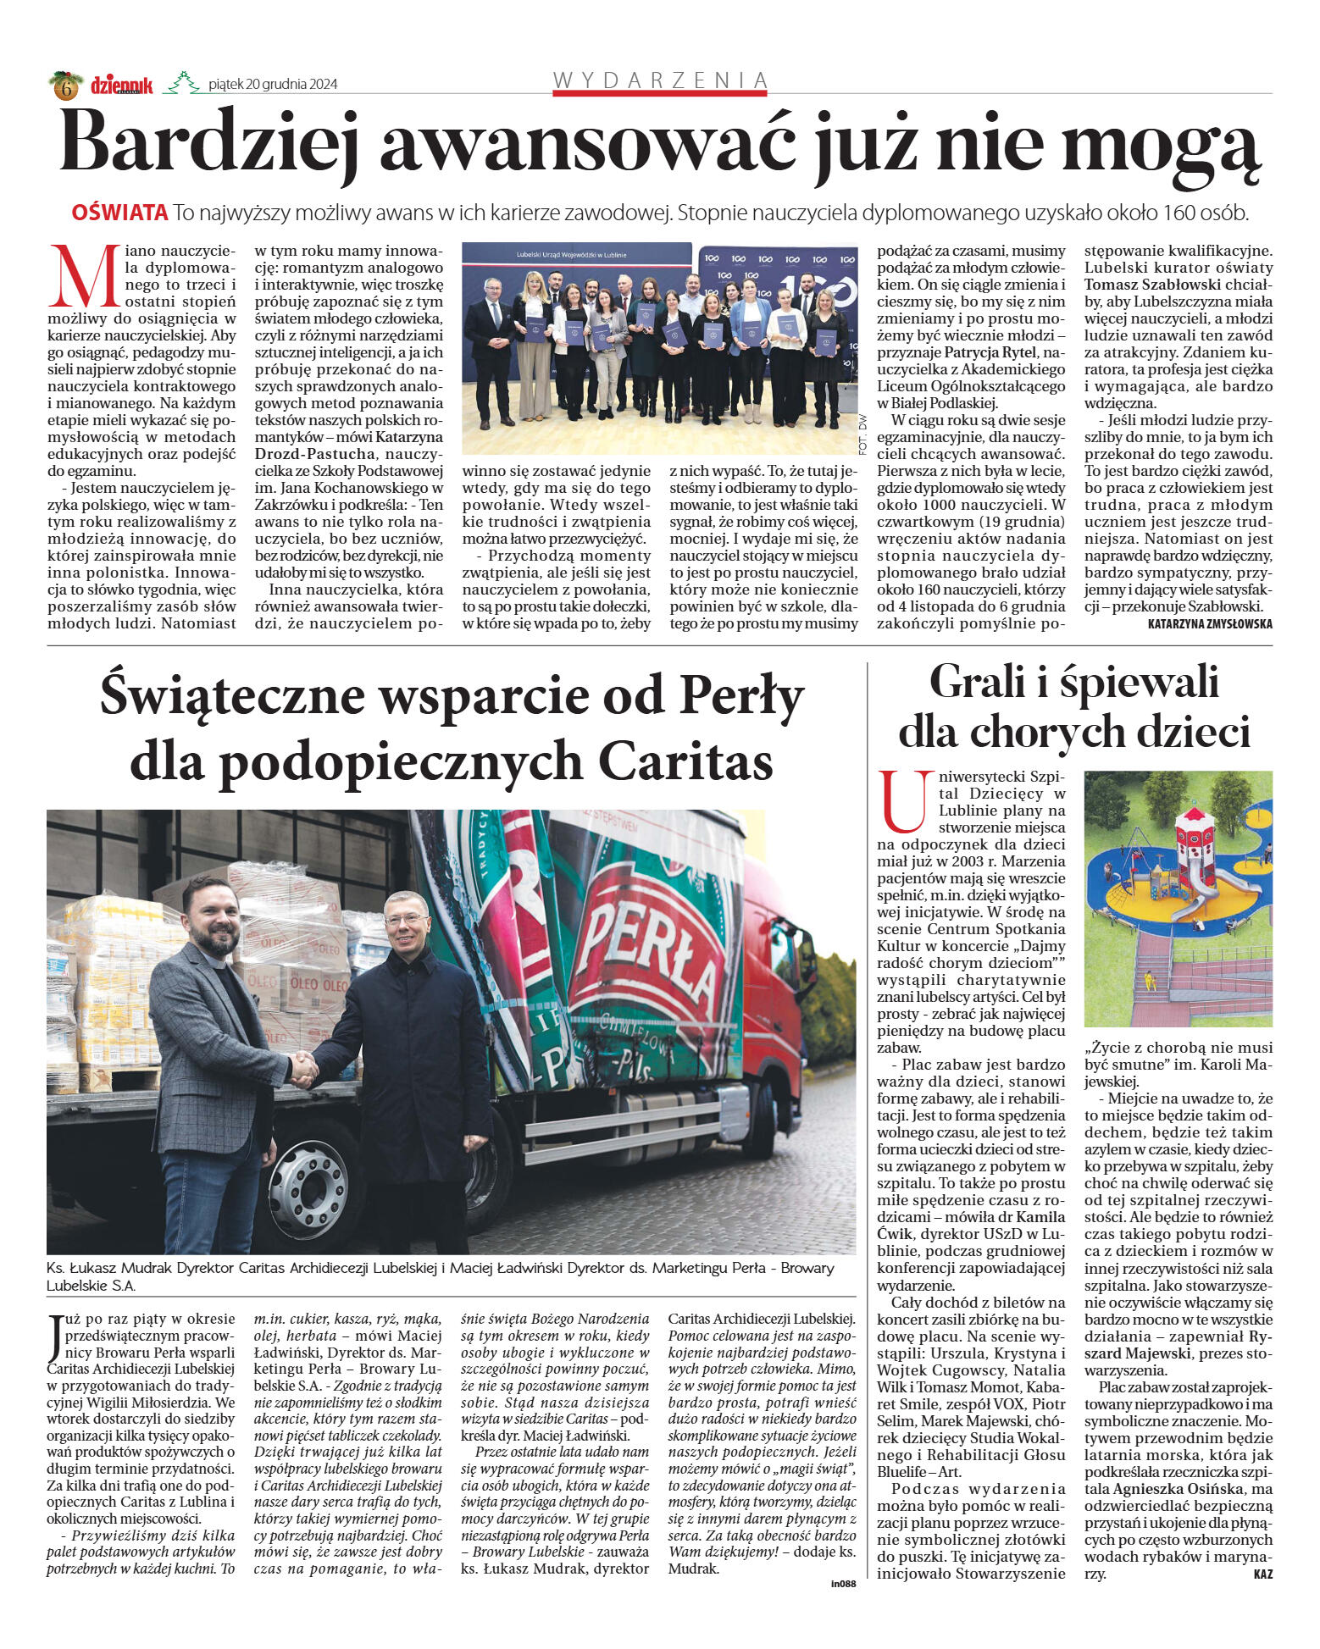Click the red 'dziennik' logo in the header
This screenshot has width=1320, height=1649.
[x=122, y=85]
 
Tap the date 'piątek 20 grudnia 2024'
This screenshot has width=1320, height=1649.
[x=273, y=84]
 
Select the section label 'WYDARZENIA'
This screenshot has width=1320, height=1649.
[x=660, y=80]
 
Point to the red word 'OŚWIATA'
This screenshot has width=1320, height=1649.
[x=119, y=213]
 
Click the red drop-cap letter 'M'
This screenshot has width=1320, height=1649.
[x=83, y=277]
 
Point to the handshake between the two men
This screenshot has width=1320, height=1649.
[x=302, y=1071]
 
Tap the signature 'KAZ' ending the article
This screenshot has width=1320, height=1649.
[x=1262, y=1574]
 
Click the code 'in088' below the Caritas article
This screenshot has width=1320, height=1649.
[x=844, y=1584]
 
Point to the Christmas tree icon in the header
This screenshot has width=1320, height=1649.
[x=180, y=83]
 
